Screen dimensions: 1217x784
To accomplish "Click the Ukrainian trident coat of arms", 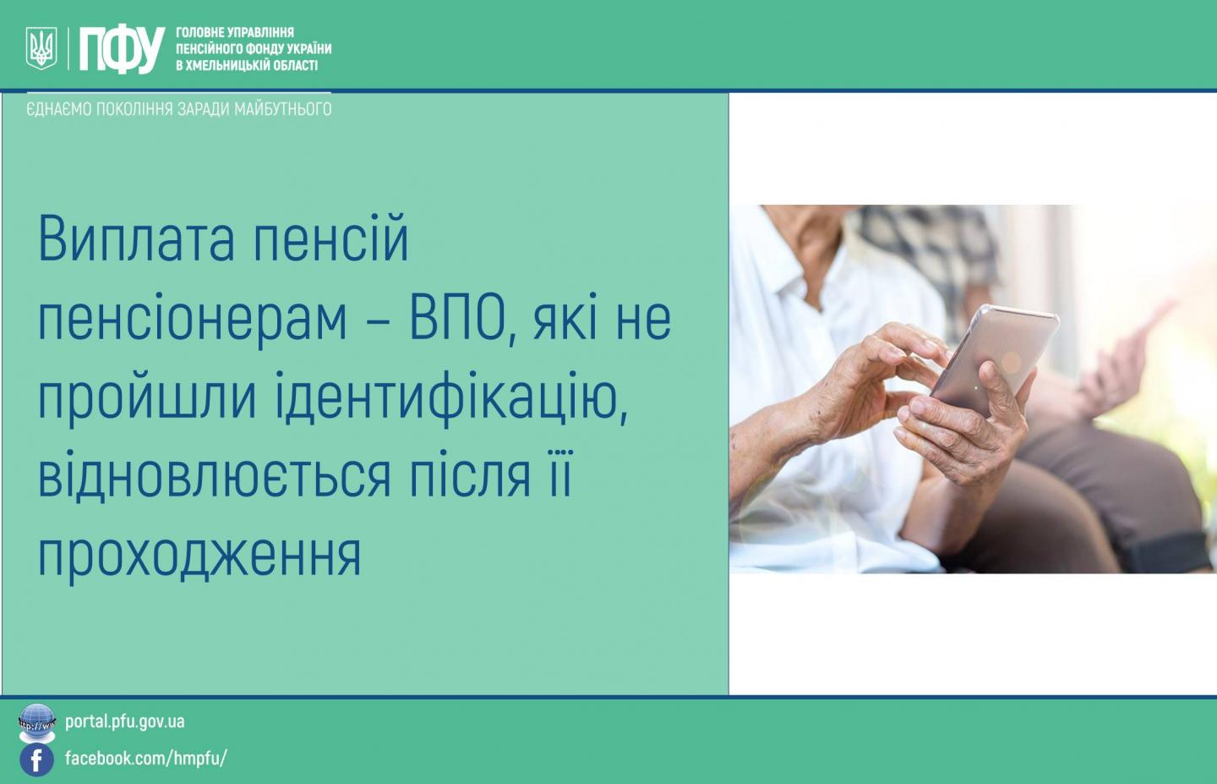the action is pyautogui.click(x=41, y=48).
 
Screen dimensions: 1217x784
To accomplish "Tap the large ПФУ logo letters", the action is pyautogui.click(x=122, y=49).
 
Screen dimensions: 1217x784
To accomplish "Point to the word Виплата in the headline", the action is pyautogui.click(x=136, y=240).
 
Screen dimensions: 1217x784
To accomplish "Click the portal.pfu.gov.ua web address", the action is pyautogui.click(x=125, y=722).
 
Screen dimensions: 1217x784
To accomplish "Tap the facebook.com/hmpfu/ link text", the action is pyautogui.click(x=145, y=758).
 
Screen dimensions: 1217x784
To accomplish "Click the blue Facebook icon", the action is pyautogui.click(x=36, y=760).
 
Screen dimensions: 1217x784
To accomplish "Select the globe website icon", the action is pyautogui.click(x=37, y=722).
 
